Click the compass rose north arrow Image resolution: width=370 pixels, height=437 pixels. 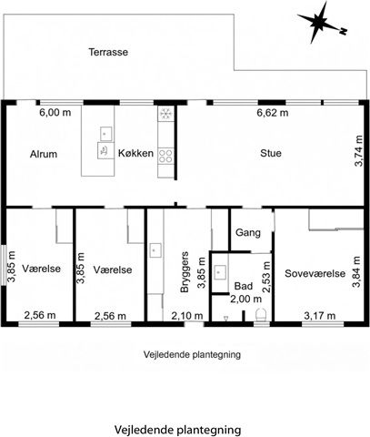point(321,22)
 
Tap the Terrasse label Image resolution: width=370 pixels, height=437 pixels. point(108,52)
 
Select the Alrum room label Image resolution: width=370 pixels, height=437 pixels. point(44,154)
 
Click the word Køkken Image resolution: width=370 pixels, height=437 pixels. point(135,153)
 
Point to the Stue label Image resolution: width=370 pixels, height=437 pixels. point(271,153)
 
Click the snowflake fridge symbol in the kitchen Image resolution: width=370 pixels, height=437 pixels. point(165,114)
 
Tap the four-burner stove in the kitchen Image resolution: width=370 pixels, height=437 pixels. point(165,156)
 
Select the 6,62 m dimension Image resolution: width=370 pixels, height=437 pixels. point(273,113)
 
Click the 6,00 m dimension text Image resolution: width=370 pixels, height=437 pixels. point(55,113)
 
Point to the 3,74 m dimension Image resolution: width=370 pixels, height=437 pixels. point(358,151)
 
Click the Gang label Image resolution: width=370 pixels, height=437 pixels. point(248,233)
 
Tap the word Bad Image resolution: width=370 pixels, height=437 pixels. point(244,286)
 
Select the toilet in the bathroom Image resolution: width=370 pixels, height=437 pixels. point(261,315)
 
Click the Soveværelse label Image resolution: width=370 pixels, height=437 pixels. point(315,273)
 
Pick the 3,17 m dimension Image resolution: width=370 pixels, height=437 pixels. point(320,316)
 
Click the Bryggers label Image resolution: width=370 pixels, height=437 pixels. point(185,272)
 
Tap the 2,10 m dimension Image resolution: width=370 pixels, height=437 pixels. point(187,316)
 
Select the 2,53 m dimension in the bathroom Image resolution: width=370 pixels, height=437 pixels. point(266,277)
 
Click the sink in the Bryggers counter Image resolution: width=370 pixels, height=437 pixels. point(155,250)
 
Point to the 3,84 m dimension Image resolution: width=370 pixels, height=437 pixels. point(356,272)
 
